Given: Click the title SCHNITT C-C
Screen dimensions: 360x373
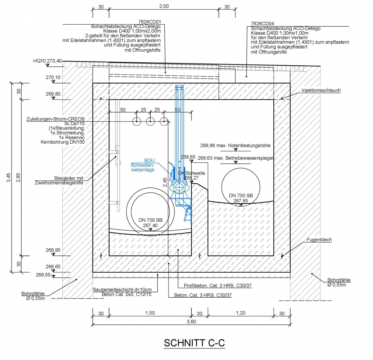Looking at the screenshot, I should pyautogui.click(x=194, y=343).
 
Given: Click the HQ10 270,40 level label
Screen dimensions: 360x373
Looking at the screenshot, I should pyautogui.click(x=47, y=61).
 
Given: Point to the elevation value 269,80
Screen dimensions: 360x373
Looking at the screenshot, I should pyautogui.click(x=53, y=94).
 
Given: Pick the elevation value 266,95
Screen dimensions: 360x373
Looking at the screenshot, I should pyautogui.click(x=53, y=250).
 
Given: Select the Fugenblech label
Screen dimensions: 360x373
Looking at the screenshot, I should pyautogui.click(x=319, y=240).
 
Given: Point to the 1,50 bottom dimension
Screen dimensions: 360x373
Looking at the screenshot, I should pyautogui.click(x=150, y=313).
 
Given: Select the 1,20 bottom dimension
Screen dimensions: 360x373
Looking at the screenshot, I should pyautogui.click(x=241, y=313).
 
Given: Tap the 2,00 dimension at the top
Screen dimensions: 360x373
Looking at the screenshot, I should pyautogui.click(x=164, y=6).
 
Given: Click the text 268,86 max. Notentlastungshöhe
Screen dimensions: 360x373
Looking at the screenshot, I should pyautogui.click(x=235, y=145).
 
